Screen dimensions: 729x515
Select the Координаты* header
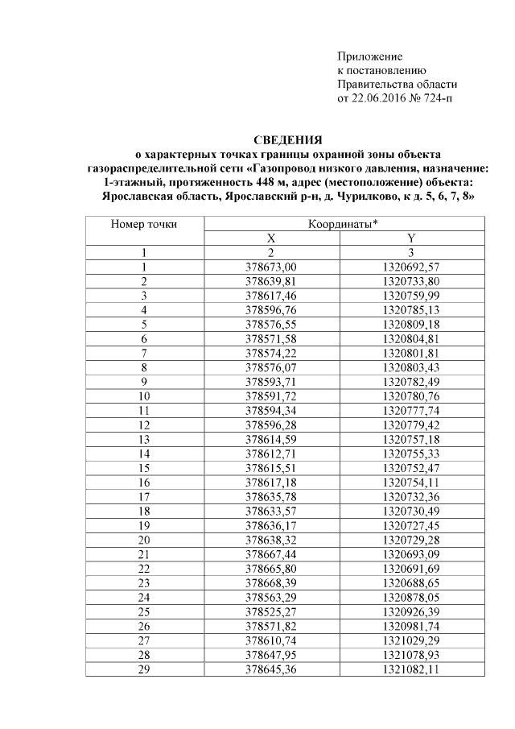344,223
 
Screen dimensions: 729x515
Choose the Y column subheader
412,238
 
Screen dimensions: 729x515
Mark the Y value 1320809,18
412,324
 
